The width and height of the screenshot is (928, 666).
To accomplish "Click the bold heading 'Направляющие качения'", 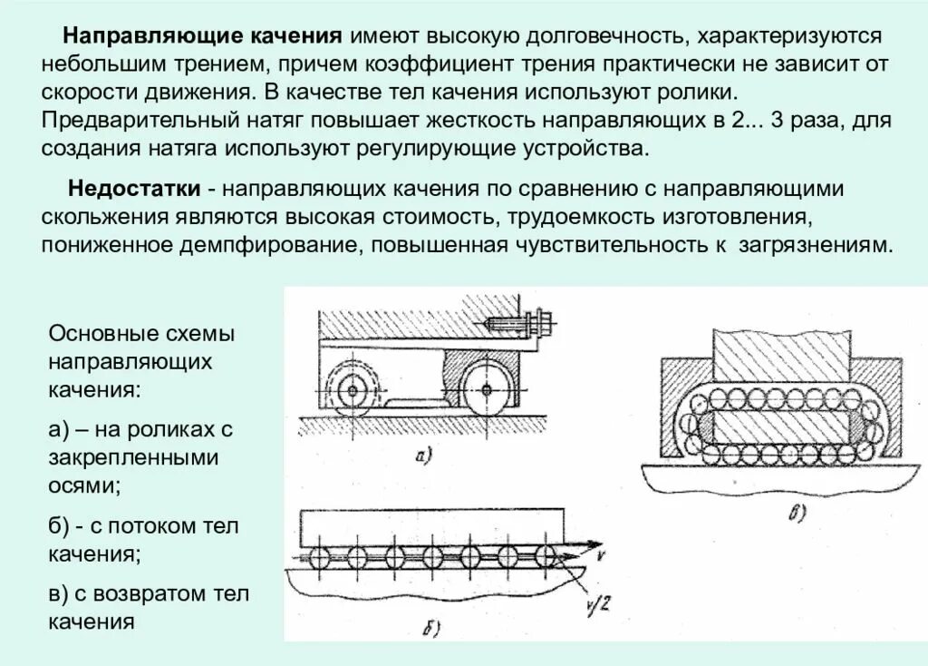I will pos(201,36).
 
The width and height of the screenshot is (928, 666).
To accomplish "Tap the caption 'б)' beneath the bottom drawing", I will pos(432,626).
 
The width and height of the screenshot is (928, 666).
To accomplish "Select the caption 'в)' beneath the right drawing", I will pos(797,514).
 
